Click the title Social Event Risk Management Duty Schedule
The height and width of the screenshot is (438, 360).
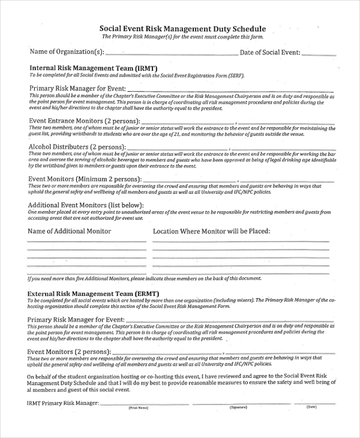tap(182, 28)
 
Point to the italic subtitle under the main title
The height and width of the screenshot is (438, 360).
tap(182, 37)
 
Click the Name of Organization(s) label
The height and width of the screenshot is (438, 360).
tap(67, 52)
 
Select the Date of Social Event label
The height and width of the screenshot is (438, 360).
tap(270, 52)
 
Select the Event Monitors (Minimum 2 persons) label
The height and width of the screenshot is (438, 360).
tap(85, 179)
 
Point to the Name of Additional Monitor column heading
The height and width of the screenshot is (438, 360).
tap(70, 231)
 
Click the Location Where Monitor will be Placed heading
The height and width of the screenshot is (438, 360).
tap(211, 231)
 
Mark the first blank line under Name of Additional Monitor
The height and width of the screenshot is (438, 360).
tap(87, 241)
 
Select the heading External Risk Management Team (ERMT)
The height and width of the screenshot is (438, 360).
tap(97, 293)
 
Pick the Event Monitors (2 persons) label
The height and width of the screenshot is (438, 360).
tap(67, 351)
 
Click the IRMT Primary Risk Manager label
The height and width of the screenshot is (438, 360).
tap(63, 403)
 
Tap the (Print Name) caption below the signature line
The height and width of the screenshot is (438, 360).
tap(138, 408)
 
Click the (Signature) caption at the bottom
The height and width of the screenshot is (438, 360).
tap(238, 408)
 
